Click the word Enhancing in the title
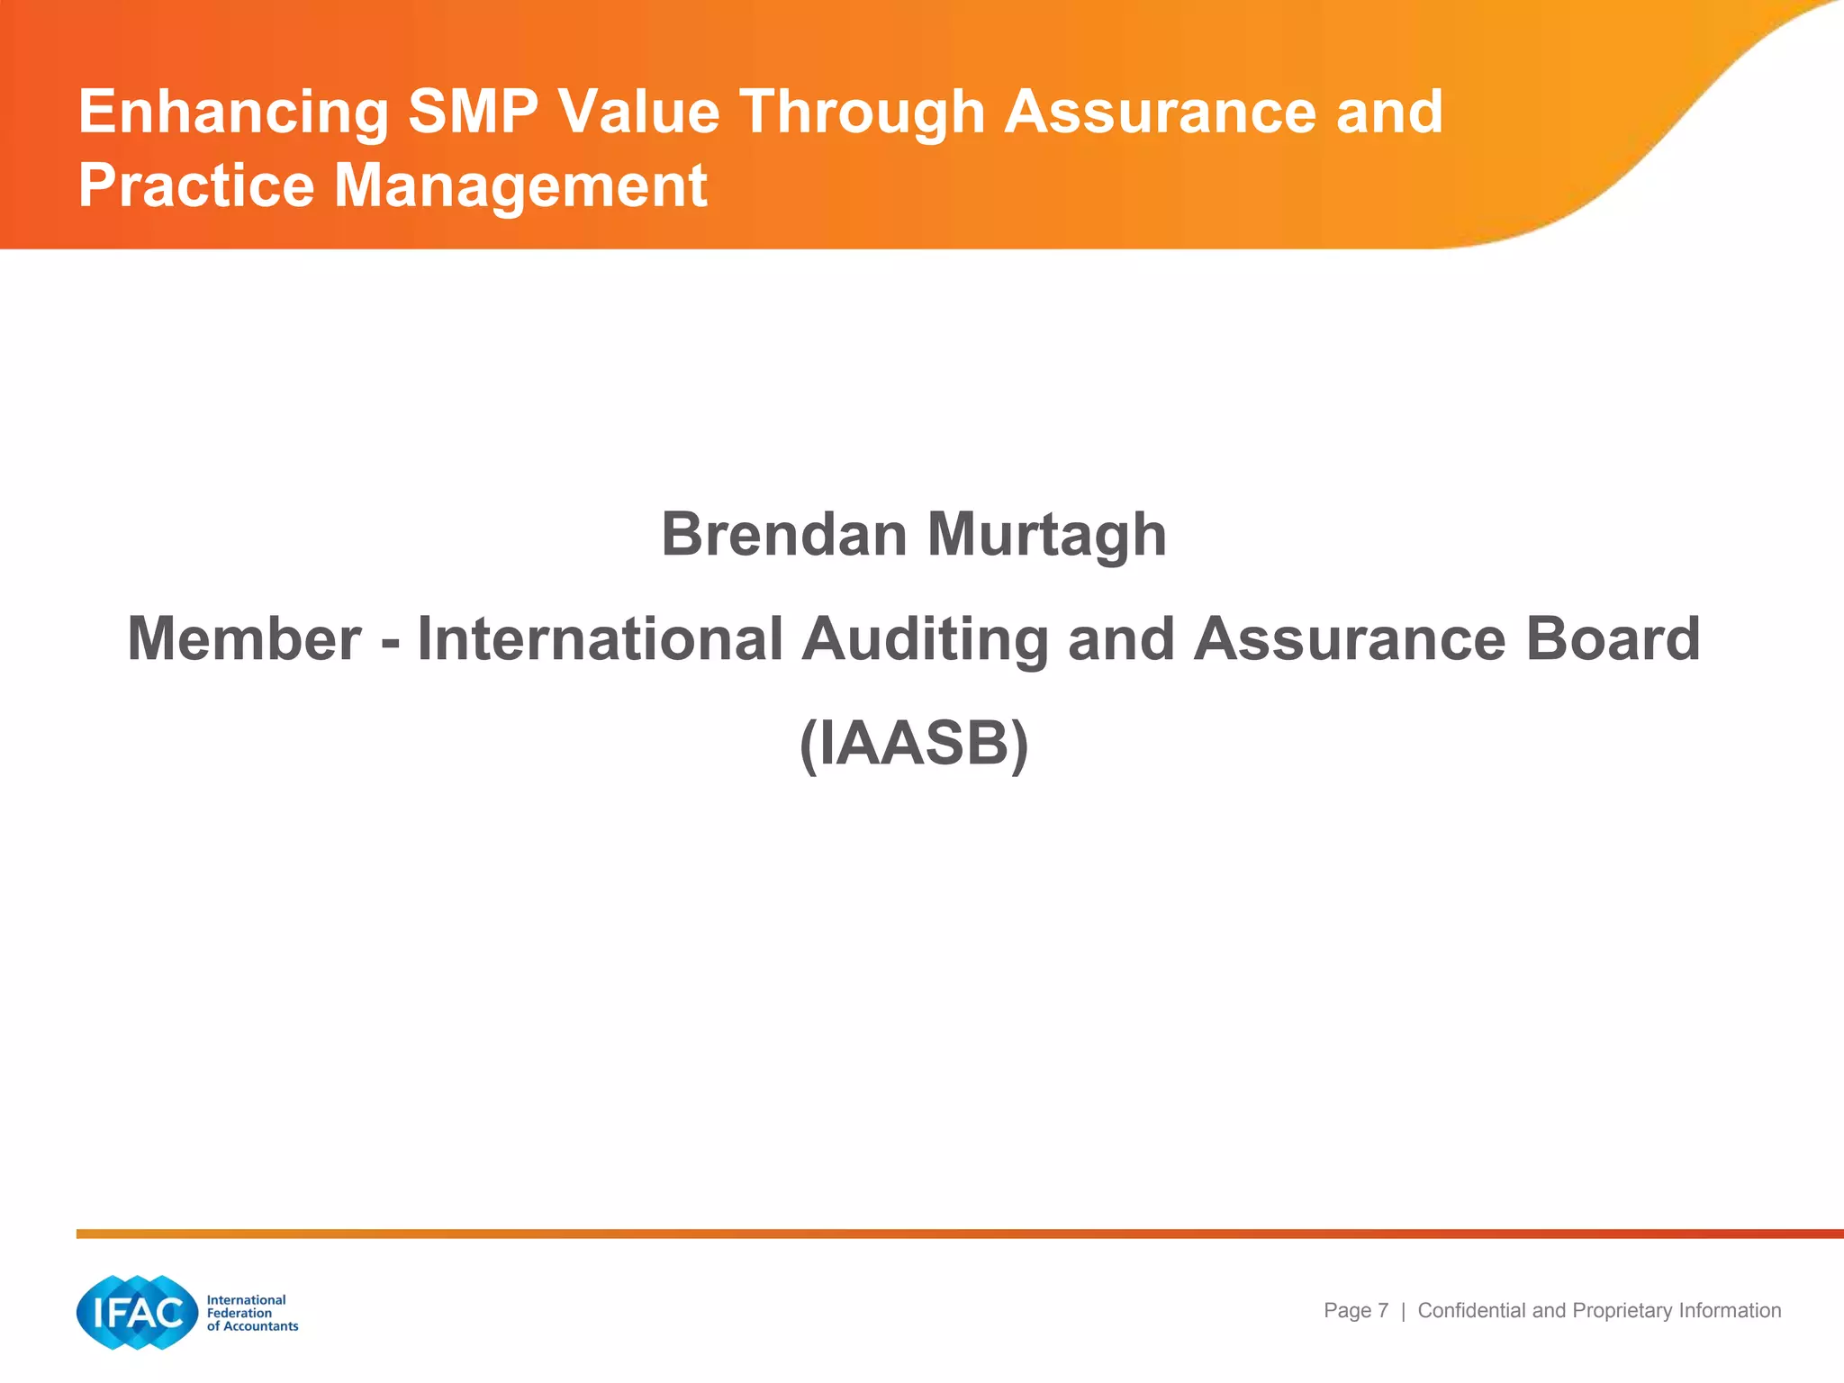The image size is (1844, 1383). tap(233, 113)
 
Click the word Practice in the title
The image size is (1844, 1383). tap(196, 185)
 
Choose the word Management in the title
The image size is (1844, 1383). tap(520, 187)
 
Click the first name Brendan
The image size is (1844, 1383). tap(784, 534)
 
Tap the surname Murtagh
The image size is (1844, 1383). tap(1046, 536)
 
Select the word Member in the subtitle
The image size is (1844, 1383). tap(244, 638)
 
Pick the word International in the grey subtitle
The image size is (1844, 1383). tap(600, 638)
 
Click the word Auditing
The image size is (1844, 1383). tap(925, 640)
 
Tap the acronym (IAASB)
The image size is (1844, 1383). tap(914, 745)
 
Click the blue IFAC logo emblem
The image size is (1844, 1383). tap(137, 1313)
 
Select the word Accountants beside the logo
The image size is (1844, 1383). tap(261, 1326)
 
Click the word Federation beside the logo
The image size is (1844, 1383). tap(240, 1313)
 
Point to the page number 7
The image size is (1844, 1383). tap(1383, 1311)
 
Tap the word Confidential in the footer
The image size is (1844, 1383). tap(1472, 1311)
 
